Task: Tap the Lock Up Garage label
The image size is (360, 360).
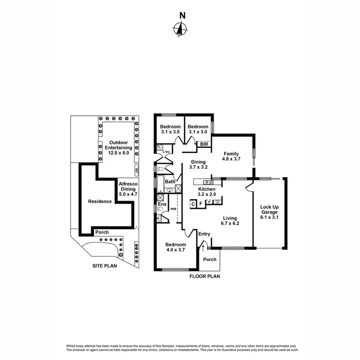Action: click(x=269, y=212)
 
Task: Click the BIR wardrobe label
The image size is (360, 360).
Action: click(x=204, y=144)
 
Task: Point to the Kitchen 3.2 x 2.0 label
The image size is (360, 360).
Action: click(x=207, y=192)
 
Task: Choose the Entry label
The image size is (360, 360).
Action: click(x=204, y=234)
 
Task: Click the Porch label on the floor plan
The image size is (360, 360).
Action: click(x=210, y=260)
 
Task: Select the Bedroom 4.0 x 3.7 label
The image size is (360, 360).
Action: click(x=176, y=247)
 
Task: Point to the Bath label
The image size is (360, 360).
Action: click(x=170, y=182)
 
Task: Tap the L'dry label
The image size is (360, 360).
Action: click(x=167, y=152)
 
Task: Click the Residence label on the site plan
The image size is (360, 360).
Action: click(x=99, y=202)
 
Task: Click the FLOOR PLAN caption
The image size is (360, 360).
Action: click(x=204, y=277)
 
